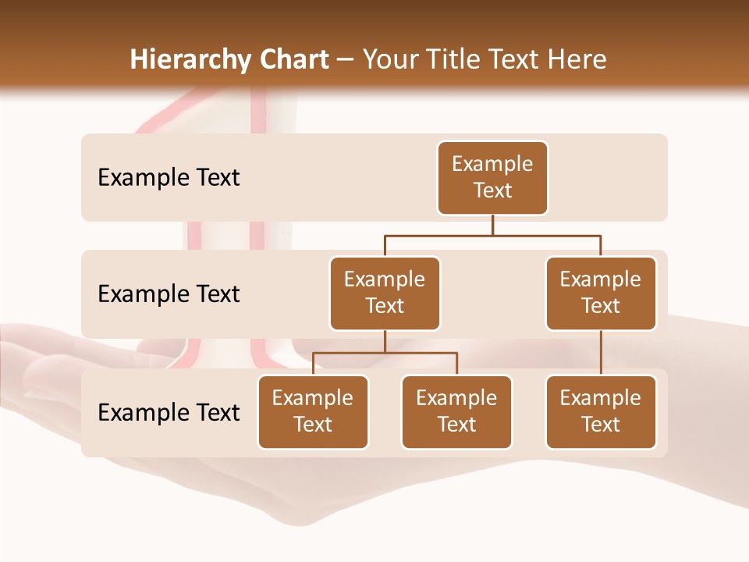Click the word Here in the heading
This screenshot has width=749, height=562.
coord(577,60)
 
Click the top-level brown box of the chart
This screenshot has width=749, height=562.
coord(492,178)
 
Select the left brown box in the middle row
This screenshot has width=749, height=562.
coord(385,293)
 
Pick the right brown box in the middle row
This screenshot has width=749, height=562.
coord(601,293)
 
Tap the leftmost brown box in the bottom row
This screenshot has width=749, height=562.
coord(313,412)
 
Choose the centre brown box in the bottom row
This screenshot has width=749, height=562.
coord(456,412)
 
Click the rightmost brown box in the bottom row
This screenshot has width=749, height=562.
coord(601,412)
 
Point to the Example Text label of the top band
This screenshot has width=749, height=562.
coord(169,178)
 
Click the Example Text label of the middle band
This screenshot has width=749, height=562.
coord(169,294)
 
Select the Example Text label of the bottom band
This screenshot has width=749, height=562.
coord(169,412)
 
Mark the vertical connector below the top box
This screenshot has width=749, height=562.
coord(492,225)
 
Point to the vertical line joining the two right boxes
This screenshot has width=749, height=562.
coord(601,353)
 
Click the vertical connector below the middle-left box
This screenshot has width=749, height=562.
coord(385,341)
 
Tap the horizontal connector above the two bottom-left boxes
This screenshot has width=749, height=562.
coord(385,353)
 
